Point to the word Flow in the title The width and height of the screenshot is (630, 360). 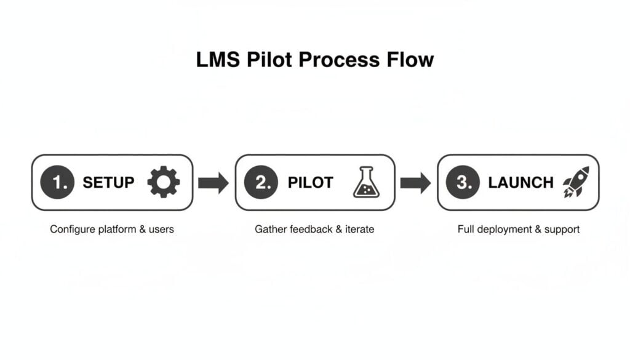point(412,60)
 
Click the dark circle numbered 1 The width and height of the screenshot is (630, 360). point(57,183)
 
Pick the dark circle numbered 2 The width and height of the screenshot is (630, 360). point(261,183)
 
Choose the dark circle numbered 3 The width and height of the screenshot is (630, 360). point(463,183)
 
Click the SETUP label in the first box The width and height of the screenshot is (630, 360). point(108,183)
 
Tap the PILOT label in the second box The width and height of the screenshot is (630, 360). point(310,183)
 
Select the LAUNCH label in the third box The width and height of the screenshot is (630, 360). point(520,183)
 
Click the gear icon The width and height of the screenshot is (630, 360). point(164,183)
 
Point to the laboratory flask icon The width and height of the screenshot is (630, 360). point(367,183)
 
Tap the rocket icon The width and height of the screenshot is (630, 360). point(576,182)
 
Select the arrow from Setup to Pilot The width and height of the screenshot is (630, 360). point(213,183)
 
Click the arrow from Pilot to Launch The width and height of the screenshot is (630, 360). point(415,183)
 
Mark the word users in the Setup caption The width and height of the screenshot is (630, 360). point(161,230)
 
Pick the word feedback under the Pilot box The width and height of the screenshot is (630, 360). point(308,230)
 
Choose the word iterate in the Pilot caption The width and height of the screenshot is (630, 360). point(358,230)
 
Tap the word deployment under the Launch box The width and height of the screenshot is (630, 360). point(504,230)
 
